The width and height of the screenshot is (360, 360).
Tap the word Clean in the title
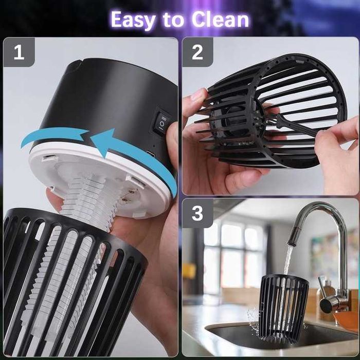[221, 20]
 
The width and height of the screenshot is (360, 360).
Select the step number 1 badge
[19, 52]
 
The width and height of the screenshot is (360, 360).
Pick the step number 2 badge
[197, 52]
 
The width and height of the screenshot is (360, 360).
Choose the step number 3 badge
[197, 213]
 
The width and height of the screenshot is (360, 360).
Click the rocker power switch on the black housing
[162, 122]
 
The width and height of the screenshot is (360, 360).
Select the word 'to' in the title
[173, 20]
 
